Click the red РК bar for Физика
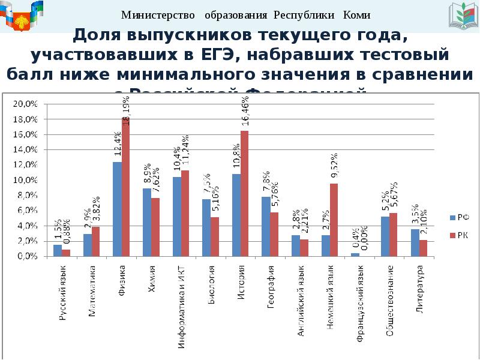(x=125, y=188)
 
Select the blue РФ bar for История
(x=236, y=215)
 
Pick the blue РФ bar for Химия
(x=147, y=222)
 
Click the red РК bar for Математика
(x=96, y=241)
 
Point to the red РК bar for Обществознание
(x=394, y=234)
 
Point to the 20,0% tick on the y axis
(x=26, y=104)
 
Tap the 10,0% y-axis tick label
(x=26, y=180)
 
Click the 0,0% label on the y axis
(x=28, y=256)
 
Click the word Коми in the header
(x=356, y=15)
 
